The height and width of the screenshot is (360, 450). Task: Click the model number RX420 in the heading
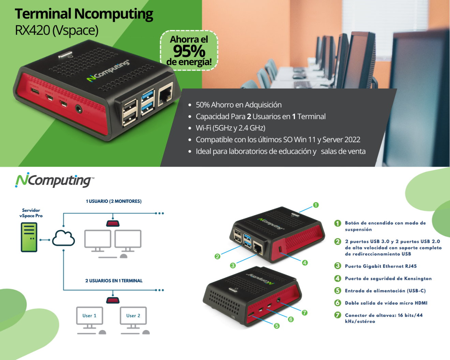point(32,30)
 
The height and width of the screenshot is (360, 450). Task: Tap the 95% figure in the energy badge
point(189,51)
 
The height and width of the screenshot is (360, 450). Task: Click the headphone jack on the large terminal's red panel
point(79,109)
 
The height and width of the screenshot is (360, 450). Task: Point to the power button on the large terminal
point(65,55)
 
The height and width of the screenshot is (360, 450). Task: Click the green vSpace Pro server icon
point(29,237)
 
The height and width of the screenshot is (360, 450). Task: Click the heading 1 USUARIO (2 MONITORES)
point(114,201)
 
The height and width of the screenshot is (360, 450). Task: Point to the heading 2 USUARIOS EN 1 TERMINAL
point(114,281)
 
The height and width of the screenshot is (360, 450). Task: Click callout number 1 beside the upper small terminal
point(316,205)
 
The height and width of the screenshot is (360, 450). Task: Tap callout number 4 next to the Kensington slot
point(305,263)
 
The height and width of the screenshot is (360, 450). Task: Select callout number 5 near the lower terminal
point(277,326)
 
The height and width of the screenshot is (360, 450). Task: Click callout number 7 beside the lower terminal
point(304,313)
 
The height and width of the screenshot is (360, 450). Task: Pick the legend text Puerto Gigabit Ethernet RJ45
point(381,266)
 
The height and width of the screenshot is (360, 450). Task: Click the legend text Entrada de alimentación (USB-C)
point(385,291)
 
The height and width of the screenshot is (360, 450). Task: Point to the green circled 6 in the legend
point(338,303)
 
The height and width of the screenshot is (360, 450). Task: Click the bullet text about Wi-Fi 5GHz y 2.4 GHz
point(230,128)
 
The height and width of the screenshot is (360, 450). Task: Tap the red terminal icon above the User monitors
point(113,300)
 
